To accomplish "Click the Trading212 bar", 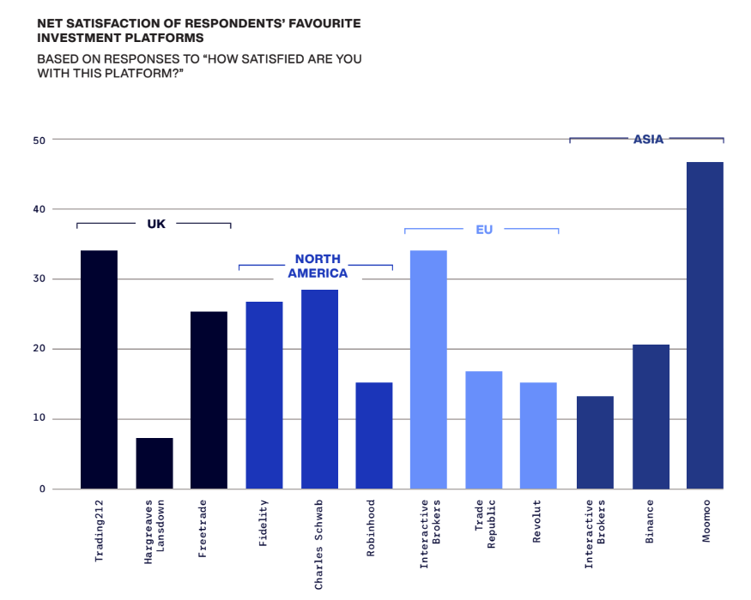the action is point(100,369).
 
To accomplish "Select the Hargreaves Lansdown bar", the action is point(154,463).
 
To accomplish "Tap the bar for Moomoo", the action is point(705,326).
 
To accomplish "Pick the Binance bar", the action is point(651,417).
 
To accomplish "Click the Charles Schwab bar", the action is point(319,389).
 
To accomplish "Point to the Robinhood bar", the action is point(374,435).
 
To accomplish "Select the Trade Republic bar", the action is point(484,429).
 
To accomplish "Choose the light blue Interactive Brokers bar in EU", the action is point(428,369).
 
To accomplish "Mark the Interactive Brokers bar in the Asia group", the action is point(595,442).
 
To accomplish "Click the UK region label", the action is point(156,224).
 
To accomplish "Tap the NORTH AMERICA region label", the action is point(318,266).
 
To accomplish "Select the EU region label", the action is point(484,230).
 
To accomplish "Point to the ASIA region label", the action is point(649,139).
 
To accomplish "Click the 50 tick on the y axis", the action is point(39,141).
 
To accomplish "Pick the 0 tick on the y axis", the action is point(43,489).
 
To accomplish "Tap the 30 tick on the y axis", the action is point(39,279).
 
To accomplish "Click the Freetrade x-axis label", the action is point(203,529).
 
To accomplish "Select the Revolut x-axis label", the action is point(537,521).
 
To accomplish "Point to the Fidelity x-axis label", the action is point(263,523).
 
